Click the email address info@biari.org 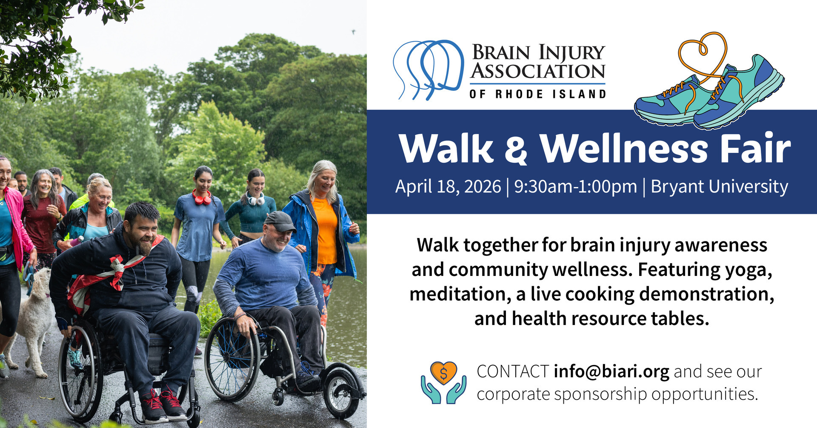pyautogui.click(x=611, y=372)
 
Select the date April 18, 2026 pyautogui.click(x=448, y=187)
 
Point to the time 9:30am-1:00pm pyautogui.click(x=575, y=187)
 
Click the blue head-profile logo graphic pyautogui.click(x=428, y=70)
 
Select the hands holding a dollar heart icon pyautogui.click(x=443, y=382)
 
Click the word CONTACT pyautogui.click(x=513, y=372)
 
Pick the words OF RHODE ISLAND pyautogui.click(x=538, y=94)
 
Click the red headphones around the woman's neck pyautogui.click(x=202, y=197)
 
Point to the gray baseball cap pyautogui.click(x=279, y=221)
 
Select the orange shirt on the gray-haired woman pyautogui.click(x=326, y=230)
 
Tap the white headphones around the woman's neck pyautogui.click(x=256, y=199)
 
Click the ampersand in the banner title pyautogui.click(x=516, y=149)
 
